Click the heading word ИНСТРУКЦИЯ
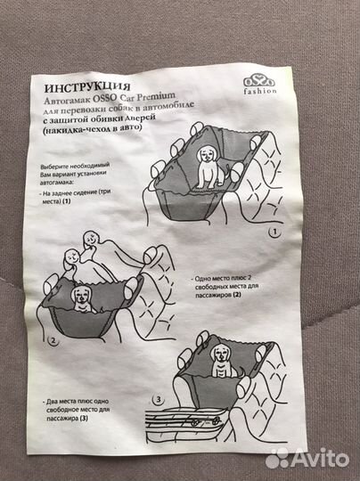pyautogui.click(x=87, y=87)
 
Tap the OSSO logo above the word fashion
pyautogui.click(x=259, y=81)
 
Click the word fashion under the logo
pyautogui.click(x=260, y=91)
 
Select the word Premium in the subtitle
pyautogui.click(x=156, y=97)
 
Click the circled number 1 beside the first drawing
pyautogui.click(x=274, y=232)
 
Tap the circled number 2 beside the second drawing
pyautogui.click(x=53, y=341)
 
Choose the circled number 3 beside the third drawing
pyautogui.click(x=159, y=400)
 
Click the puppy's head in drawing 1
pyautogui.click(x=206, y=155)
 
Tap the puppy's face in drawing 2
pyautogui.click(x=80, y=296)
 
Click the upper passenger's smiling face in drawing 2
pyautogui.click(x=91, y=239)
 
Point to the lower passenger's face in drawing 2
pyautogui.click(x=71, y=257)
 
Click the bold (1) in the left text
pyautogui.click(x=66, y=201)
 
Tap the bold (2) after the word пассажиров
pyautogui.click(x=237, y=295)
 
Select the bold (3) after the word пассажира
pyautogui.click(x=84, y=418)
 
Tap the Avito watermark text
pyautogui.click(x=320, y=458)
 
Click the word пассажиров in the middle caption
pyautogui.click(x=213, y=295)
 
